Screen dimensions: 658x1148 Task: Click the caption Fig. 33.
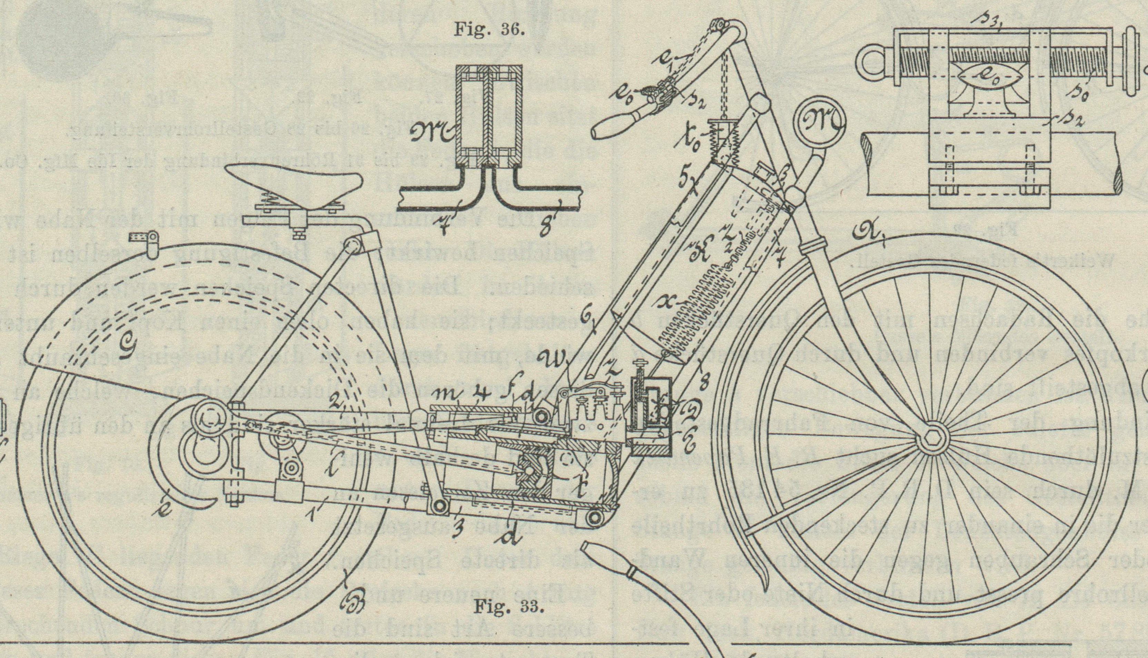pos(508,607)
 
